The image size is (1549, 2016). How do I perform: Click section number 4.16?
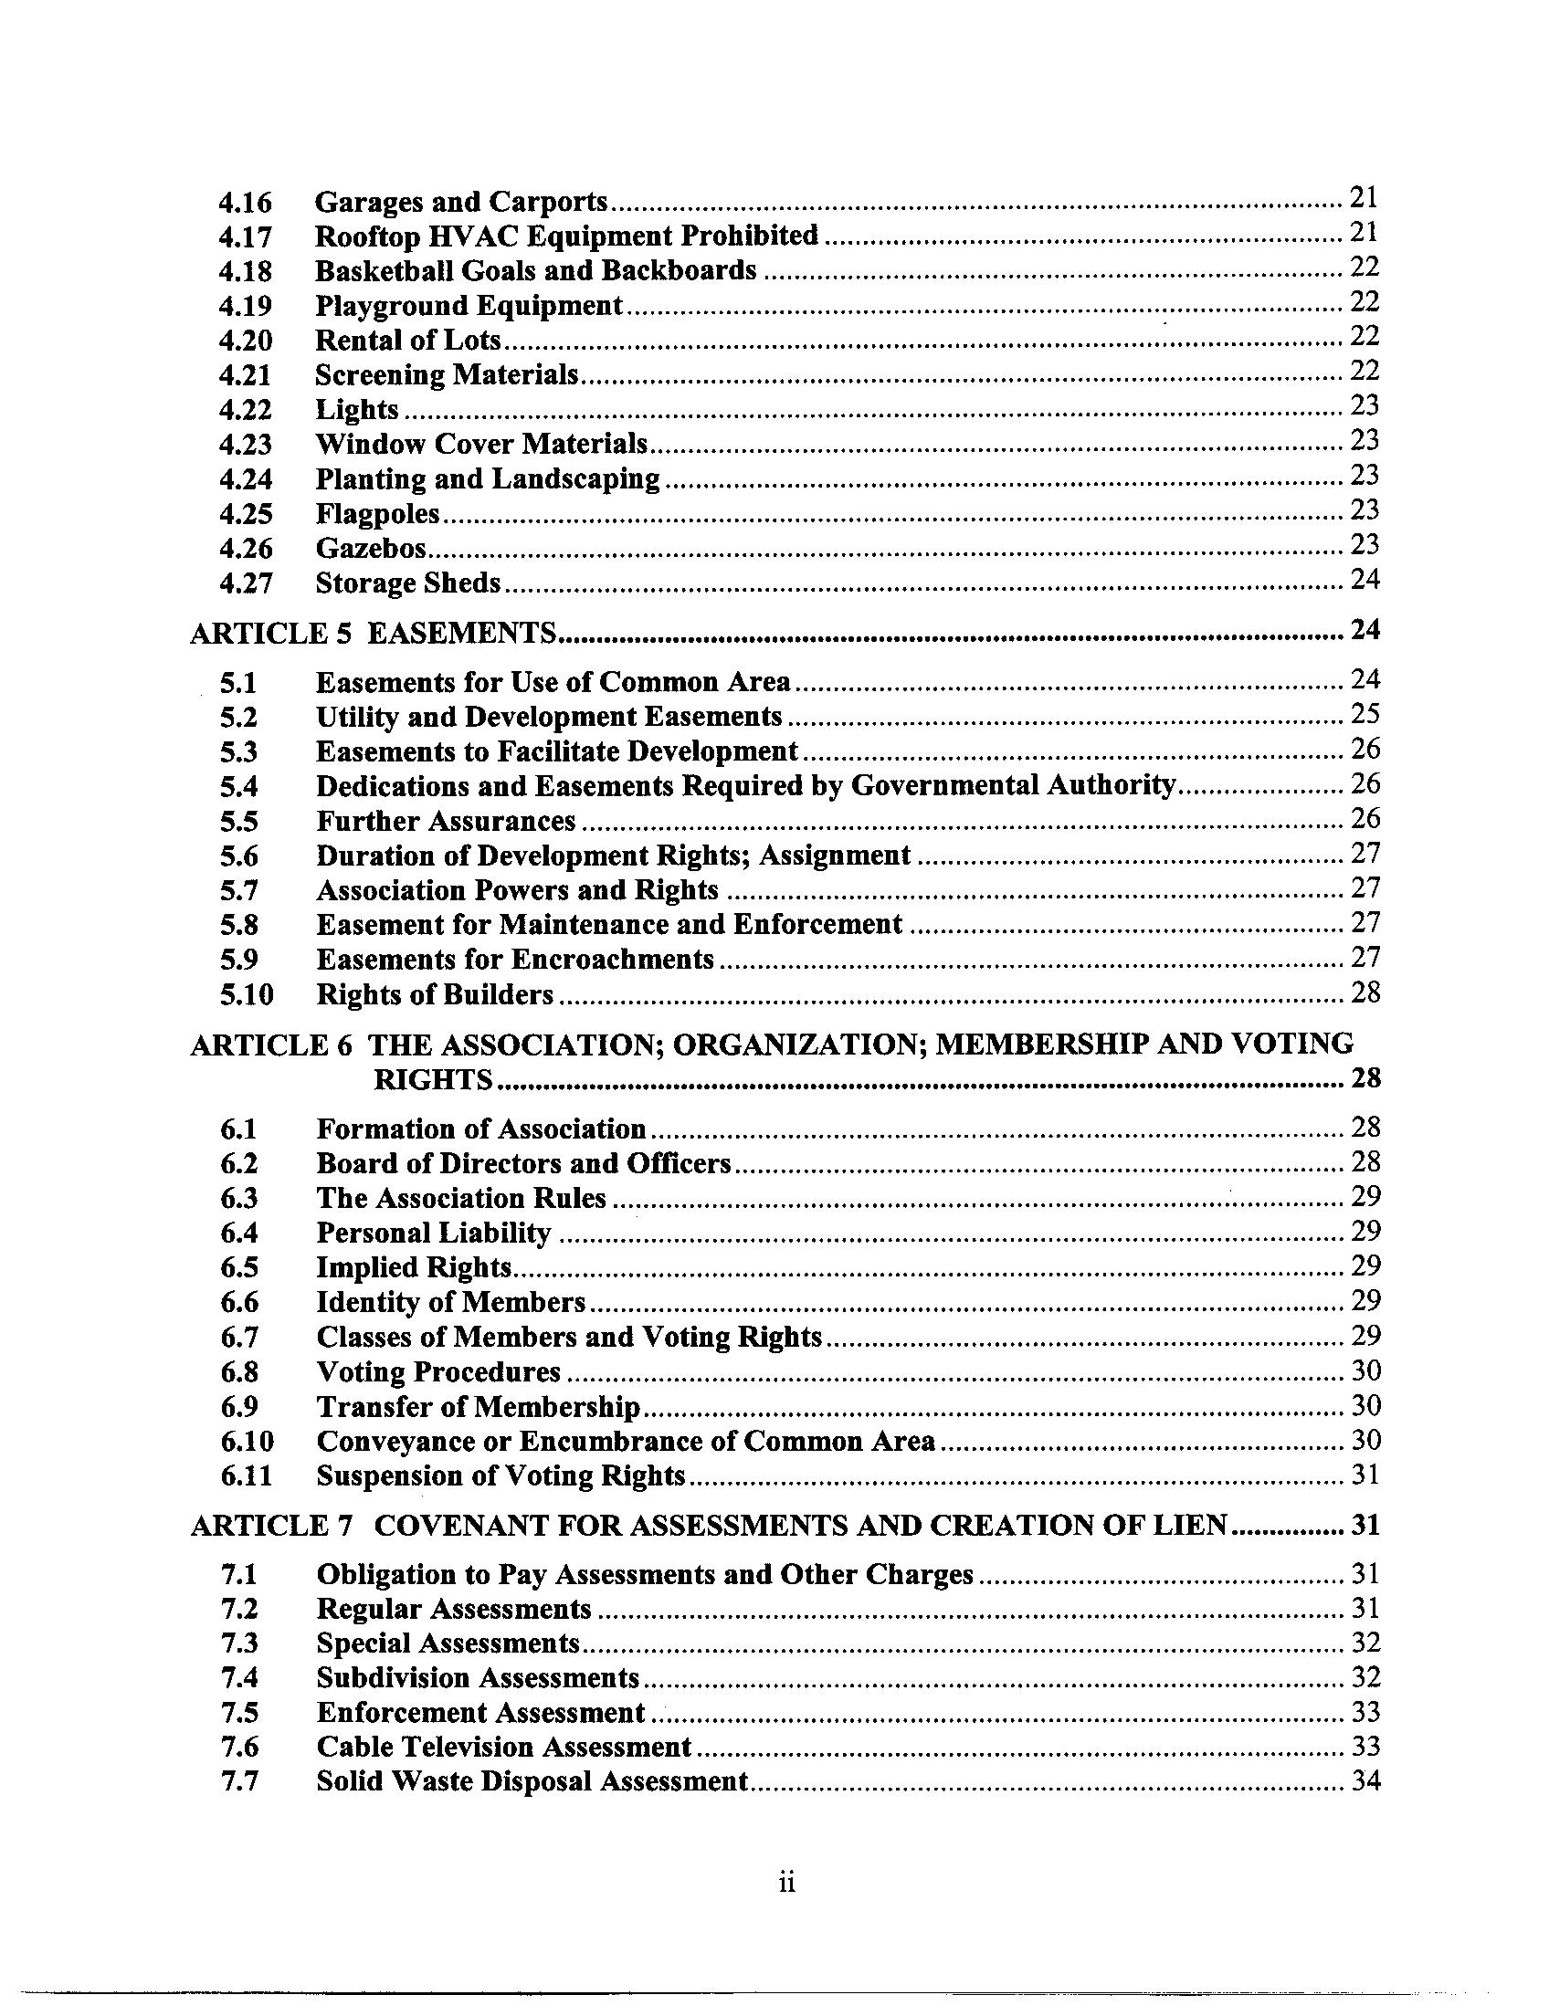click(x=246, y=202)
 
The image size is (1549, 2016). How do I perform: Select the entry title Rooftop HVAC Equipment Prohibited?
click(x=566, y=236)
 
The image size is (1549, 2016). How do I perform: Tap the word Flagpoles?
click(x=378, y=513)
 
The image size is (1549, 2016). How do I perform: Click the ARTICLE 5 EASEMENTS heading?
click(x=374, y=633)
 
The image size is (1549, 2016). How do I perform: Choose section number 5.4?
click(x=238, y=786)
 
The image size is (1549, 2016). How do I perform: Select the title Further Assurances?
click(x=446, y=822)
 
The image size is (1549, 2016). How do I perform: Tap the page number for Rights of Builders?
click(x=1365, y=992)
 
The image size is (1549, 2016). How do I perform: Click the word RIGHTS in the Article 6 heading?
click(x=433, y=1079)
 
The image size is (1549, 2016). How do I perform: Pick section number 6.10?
click(x=247, y=1441)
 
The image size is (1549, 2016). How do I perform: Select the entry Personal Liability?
click(x=433, y=1233)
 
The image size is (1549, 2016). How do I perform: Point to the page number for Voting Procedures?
click(x=1365, y=1370)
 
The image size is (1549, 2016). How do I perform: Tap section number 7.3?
click(x=238, y=1643)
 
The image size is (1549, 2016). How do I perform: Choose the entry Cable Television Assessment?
click(x=503, y=1747)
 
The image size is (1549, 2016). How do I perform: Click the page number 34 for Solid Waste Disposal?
click(x=1365, y=1781)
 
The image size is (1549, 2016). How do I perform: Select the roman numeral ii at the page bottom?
click(x=786, y=1882)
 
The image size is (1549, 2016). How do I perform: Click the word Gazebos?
click(x=372, y=549)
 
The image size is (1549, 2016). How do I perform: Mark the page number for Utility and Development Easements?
click(x=1365, y=714)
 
